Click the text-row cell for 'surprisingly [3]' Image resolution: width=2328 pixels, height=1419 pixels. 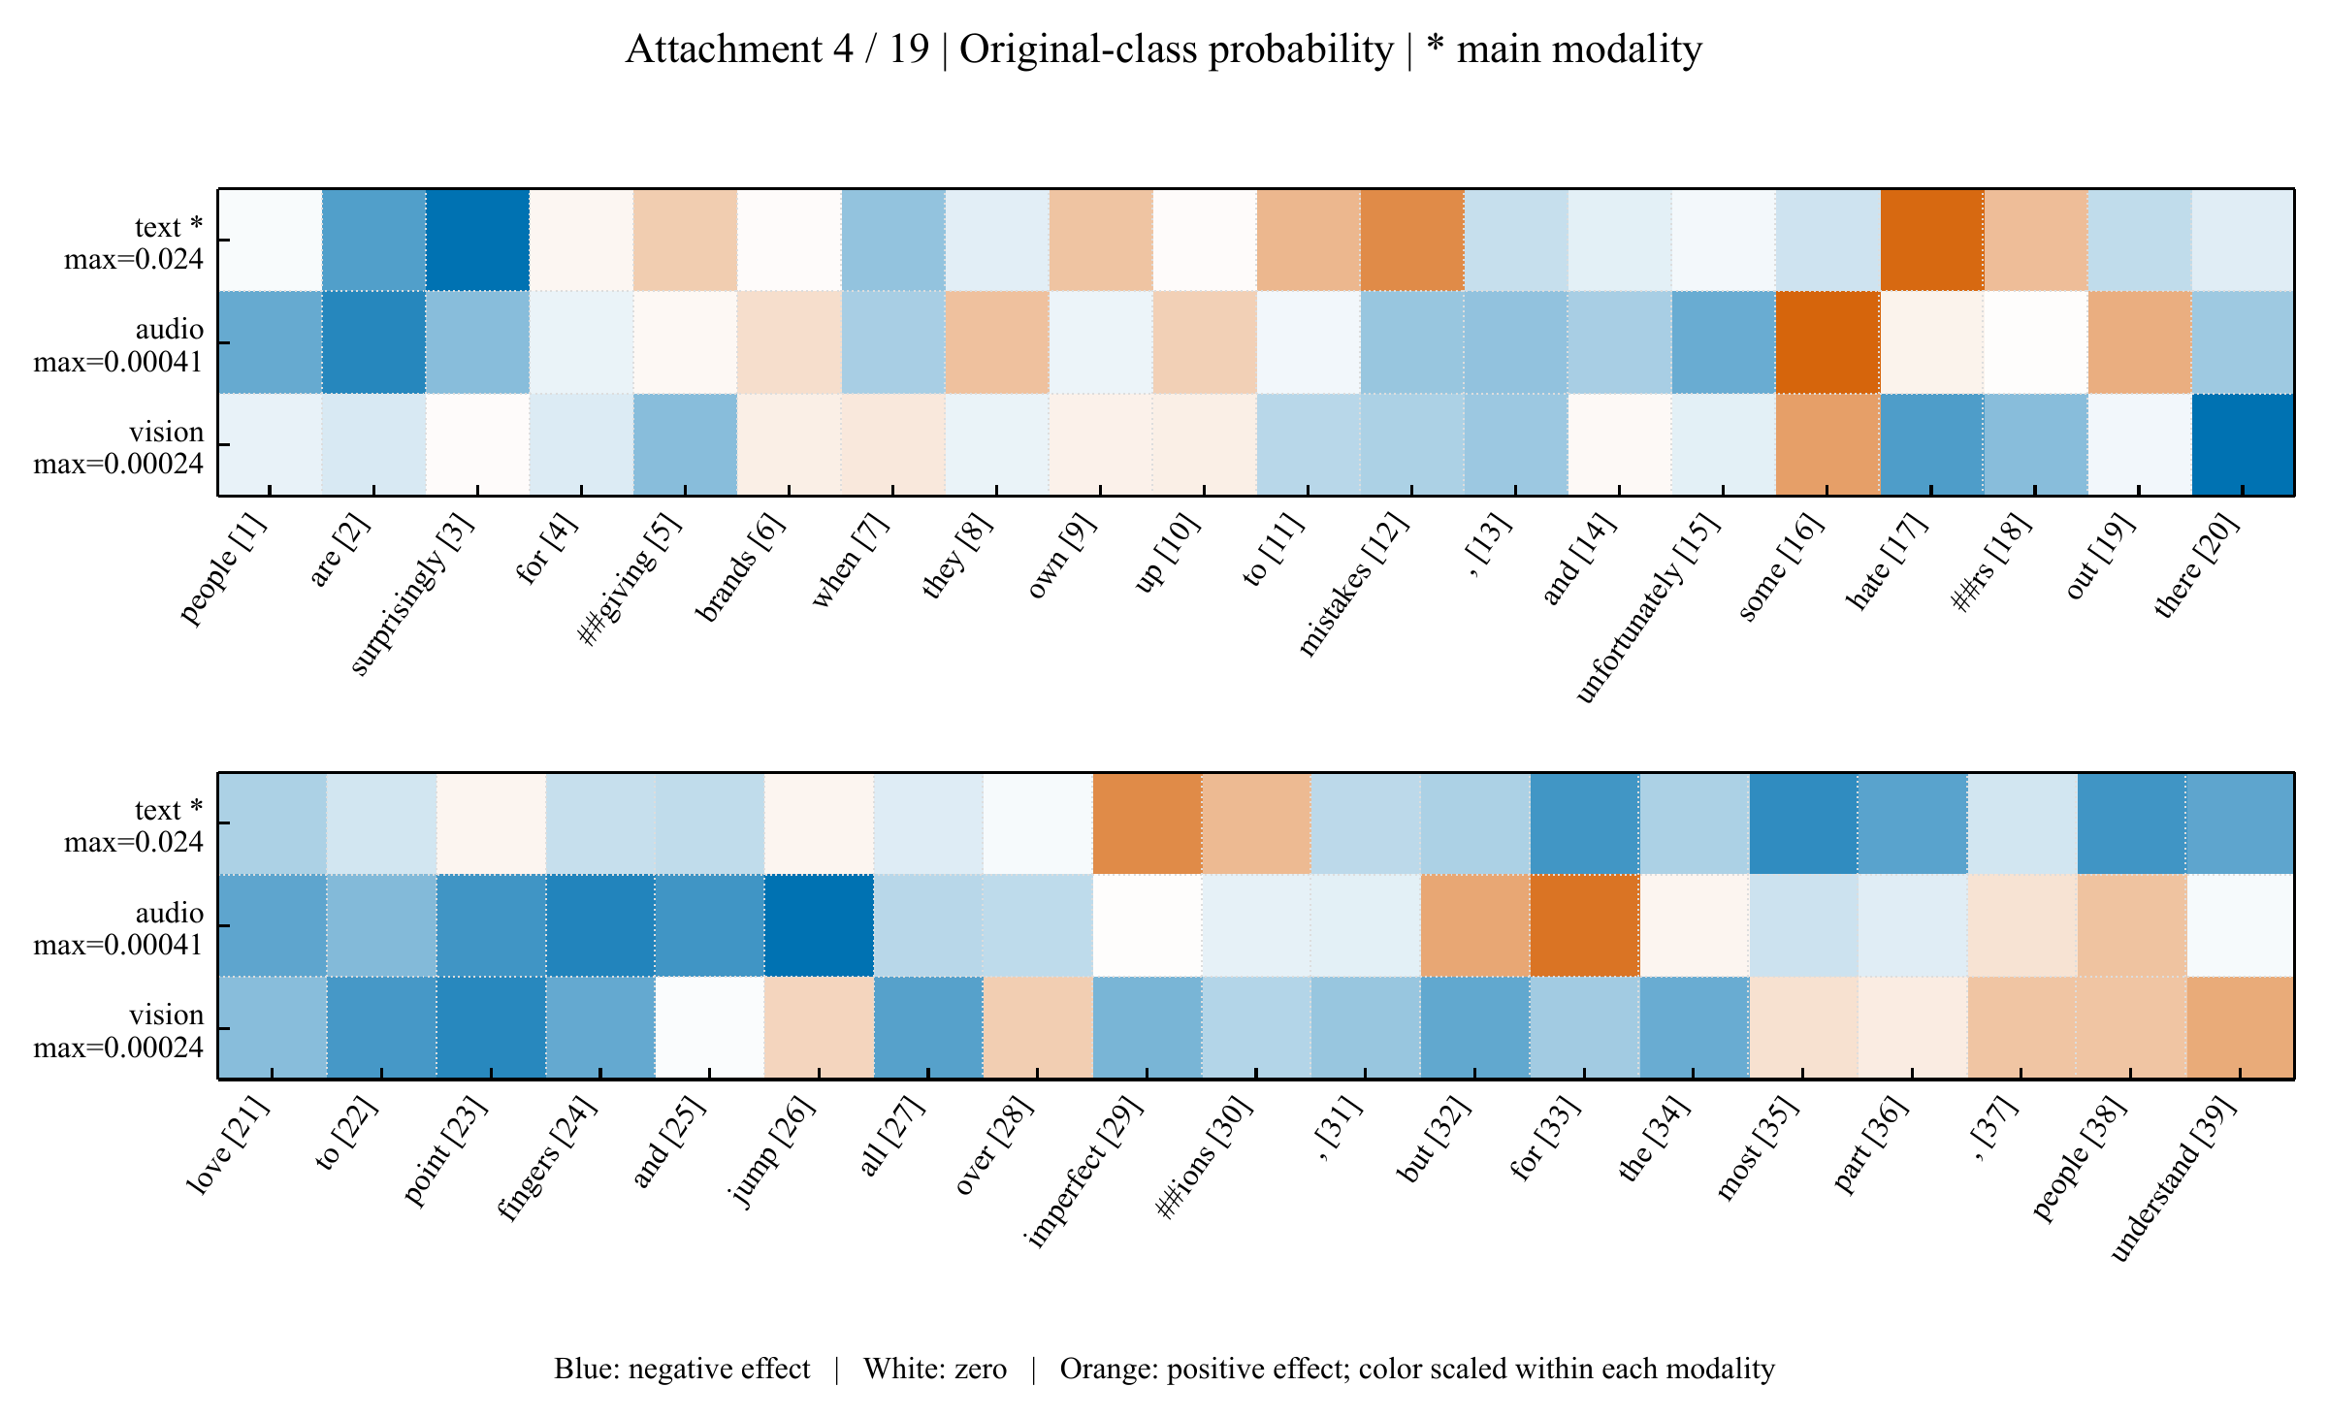[x=477, y=240]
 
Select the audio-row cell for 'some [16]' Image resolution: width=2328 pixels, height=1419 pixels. [x=1827, y=342]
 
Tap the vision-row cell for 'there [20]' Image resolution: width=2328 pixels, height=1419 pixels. [x=2243, y=444]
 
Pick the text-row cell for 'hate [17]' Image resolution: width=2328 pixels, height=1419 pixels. [x=1931, y=240]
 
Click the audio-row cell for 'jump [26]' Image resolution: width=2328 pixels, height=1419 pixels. [x=819, y=925]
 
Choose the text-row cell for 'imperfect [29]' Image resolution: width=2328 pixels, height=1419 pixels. [x=1148, y=823]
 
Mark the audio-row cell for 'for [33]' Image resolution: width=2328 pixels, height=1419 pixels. [x=1585, y=925]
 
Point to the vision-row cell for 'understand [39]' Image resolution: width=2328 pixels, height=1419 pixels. [x=2241, y=1027]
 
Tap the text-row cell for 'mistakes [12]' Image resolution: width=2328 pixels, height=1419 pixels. [x=1412, y=240]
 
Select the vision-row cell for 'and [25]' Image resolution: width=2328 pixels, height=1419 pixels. [x=710, y=1027]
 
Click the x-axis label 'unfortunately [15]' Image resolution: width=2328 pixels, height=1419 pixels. [x=1647, y=607]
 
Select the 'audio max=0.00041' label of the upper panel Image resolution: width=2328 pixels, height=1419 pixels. [x=118, y=345]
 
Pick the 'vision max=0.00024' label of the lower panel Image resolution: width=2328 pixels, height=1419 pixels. [x=118, y=1030]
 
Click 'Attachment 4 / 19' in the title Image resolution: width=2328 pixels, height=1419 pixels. [x=777, y=48]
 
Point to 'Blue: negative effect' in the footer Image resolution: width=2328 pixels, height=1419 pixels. [x=682, y=1369]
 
